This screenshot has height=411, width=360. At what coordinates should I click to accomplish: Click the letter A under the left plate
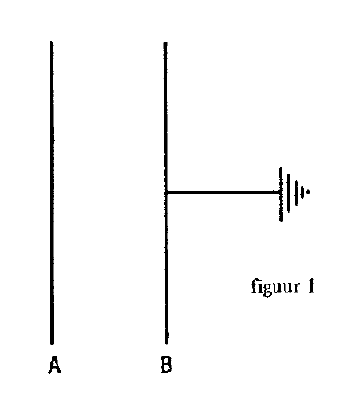click(54, 365)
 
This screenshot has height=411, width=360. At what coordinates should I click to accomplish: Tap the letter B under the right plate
click(167, 365)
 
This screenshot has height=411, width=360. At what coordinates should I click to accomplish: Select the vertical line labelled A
click(52, 193)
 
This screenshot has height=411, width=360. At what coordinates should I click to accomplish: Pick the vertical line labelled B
click(166, 193)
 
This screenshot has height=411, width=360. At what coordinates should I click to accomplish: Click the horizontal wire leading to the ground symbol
click(224, 193)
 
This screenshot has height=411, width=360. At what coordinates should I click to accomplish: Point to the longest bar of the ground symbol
click(281, 194)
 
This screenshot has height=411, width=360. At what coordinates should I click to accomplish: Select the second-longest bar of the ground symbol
click(288, 193)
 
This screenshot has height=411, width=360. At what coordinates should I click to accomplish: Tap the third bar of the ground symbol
click(296, 193)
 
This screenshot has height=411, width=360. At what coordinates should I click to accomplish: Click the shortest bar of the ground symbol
click(303, 193)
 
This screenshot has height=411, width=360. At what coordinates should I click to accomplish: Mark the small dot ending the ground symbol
click(308, 192)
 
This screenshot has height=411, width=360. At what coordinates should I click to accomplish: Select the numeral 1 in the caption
click(311, 286)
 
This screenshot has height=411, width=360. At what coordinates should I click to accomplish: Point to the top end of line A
click(52, 42)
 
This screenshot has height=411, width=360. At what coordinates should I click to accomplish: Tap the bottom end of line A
click(52, 343)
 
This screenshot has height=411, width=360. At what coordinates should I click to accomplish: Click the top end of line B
click(166, 42)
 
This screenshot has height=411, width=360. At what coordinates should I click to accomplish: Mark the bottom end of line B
click(167, 343)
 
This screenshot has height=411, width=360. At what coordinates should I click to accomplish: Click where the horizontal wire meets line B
click(167, 193)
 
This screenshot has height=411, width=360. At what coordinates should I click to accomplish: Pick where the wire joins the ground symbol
click(281, 193)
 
